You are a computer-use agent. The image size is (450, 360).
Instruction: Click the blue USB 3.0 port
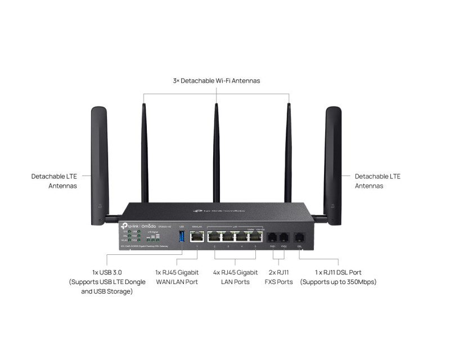pos(181,236)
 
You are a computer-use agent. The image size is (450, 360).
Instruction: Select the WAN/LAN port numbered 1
pos(197,237)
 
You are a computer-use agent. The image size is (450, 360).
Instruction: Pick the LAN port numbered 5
pos(256,237)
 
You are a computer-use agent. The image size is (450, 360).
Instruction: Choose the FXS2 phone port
pos(284,237)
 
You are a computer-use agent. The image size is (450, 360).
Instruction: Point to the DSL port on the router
pos(299,237)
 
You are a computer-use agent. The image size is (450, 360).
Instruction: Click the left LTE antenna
pos(100,163)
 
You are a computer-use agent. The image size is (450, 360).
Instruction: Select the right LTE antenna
pos(333,163)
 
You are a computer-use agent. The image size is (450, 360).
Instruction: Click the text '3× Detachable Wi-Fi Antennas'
pos(217,81)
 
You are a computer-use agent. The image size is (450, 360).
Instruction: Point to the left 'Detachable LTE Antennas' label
pos(54,181)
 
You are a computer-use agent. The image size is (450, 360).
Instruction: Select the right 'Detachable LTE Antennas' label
pos(377,181)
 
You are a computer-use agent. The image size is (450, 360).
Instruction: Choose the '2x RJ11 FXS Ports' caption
pos(278,277)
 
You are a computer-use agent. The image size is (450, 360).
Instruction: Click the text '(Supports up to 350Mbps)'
pos(338,282)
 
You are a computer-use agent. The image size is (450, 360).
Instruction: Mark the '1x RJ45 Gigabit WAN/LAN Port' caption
pos(177,277)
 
